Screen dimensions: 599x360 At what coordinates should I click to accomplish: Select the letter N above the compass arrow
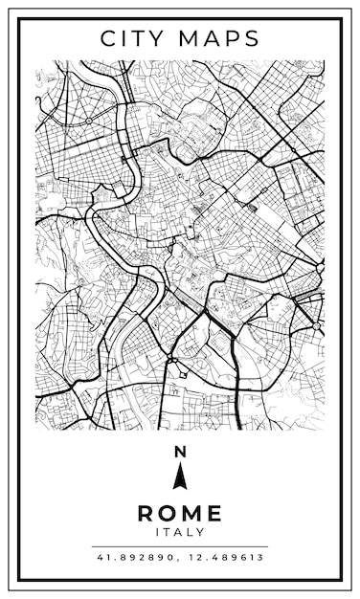179,451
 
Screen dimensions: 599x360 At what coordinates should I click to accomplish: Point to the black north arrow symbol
179,475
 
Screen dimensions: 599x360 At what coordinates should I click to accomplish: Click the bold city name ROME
179,513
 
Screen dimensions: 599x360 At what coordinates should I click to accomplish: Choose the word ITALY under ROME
179,532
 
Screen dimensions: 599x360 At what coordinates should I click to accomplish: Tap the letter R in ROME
146,513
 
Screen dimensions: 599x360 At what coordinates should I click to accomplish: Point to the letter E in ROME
214,513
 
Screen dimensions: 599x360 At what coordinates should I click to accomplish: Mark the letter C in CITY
109,38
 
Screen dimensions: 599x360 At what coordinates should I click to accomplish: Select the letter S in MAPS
251,38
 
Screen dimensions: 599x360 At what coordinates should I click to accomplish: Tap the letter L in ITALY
189,532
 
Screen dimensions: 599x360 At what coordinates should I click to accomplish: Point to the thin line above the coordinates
179,546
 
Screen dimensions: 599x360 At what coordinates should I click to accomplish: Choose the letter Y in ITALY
200,532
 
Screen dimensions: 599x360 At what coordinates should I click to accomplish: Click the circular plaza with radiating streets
88,122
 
